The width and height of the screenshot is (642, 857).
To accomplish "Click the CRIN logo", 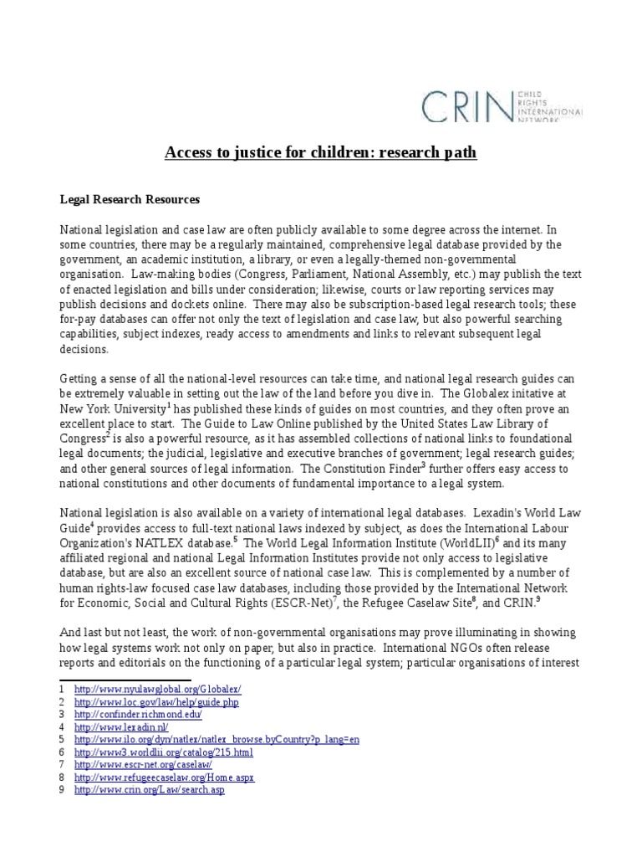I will coord(501,106).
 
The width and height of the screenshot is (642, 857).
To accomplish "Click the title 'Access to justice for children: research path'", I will coord(320,152).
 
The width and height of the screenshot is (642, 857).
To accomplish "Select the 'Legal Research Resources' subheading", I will coord(129,200).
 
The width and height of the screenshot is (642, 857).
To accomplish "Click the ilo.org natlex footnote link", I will coord(217,740).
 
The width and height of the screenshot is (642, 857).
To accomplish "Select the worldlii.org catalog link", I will coord(163,752).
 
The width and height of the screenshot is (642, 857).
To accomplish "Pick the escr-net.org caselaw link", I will coord(143,765).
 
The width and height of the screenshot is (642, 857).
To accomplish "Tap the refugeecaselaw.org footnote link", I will coord(164,777).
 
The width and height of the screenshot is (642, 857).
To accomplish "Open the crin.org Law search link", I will coord(150,790).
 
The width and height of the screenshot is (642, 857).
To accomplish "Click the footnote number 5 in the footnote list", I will coord(62,740).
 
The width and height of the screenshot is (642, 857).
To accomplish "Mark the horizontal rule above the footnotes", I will coord(125,679).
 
